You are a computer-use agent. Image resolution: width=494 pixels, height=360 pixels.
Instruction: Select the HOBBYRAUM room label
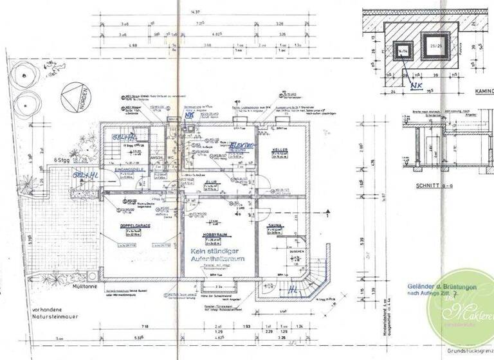[x=215, y=235]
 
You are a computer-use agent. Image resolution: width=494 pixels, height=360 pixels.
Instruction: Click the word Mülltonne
[x=86, y=289]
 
